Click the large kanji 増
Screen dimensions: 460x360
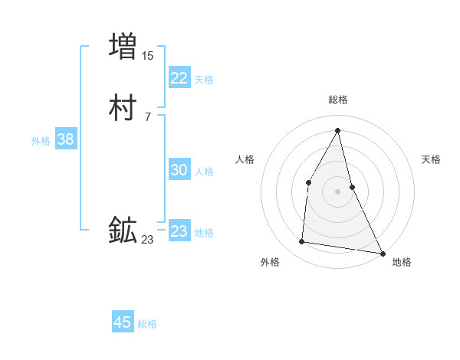(123, 46)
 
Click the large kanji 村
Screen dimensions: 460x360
(123, 110)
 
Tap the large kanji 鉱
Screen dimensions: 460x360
(123, 230)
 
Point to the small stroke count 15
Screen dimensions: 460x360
(148, 56)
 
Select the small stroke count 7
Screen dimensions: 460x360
(147, 117)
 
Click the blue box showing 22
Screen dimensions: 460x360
(179, 78)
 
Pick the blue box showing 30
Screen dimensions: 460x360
(179, 171)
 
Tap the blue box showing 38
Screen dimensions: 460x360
(65, 139)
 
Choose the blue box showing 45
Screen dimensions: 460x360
(123, 322)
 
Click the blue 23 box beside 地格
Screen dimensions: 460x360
(179, 231)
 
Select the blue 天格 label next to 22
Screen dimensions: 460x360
(204, 80)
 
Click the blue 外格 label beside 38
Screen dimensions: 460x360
(41, 141)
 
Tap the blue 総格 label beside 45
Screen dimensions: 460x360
(147, 324)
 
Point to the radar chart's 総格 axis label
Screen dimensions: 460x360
(338, 100)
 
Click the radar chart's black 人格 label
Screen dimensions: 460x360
(245, 159)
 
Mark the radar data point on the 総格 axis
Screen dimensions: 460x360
(338, 130)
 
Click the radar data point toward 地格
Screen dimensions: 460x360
(383, 253)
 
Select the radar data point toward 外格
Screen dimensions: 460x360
(302, 242)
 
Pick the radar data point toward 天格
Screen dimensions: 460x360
(352, 186)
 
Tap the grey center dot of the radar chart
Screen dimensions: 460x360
(338, 191)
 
